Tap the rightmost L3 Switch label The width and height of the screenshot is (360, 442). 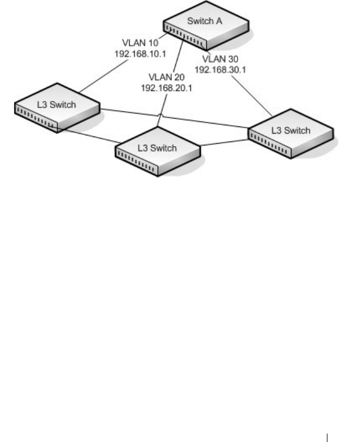(290, 130)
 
